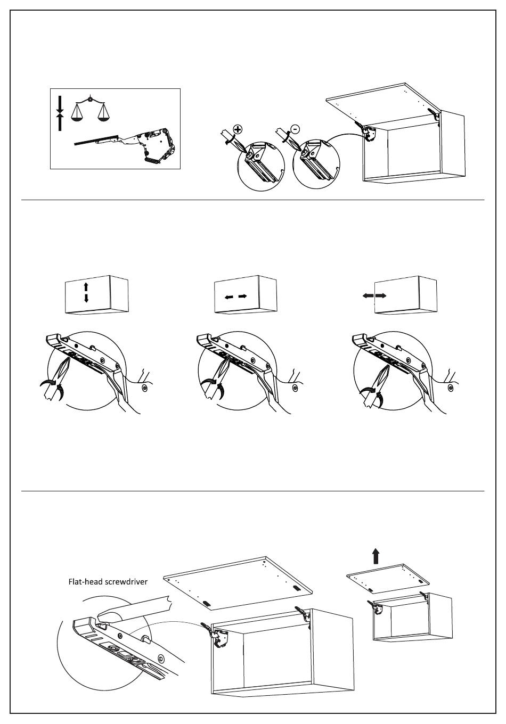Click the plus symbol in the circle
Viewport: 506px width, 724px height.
(238, 129)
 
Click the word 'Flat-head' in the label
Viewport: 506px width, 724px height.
(86, 581)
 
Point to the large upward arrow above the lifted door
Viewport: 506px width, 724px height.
(376, 556)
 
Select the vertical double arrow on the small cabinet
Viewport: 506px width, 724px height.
(86, 293)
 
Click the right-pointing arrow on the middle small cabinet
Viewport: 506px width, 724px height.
(242, 296)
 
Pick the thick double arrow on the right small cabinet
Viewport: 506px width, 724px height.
(374, 295)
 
